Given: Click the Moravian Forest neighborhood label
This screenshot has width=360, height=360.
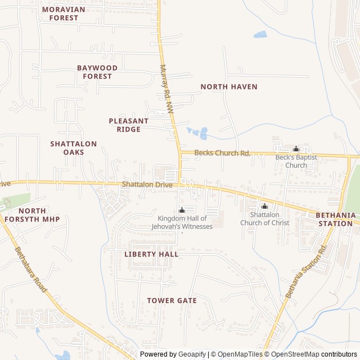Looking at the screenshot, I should (64, 13).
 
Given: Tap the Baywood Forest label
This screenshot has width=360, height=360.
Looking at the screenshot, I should (97, 72).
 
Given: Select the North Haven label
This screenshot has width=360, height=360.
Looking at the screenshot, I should (229, 87).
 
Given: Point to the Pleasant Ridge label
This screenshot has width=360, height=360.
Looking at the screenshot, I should (129, 125).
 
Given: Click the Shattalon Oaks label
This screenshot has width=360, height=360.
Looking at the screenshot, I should (74, 148).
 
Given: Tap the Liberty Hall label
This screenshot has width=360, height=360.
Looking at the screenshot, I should (151, 254).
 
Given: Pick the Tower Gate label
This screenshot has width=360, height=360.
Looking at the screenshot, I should (172, 300).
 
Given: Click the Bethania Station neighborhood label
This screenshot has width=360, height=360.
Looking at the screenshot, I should (336, 219).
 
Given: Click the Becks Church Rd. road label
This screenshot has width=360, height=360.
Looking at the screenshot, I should (222, 153).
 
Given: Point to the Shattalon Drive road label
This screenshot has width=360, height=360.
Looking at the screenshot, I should (147, 184).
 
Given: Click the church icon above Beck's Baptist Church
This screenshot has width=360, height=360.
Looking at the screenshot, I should (296, 149).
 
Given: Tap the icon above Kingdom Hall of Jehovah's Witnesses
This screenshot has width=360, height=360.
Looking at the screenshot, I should (181, 210).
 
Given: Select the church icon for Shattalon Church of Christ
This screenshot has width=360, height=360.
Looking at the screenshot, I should (264, 206).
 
